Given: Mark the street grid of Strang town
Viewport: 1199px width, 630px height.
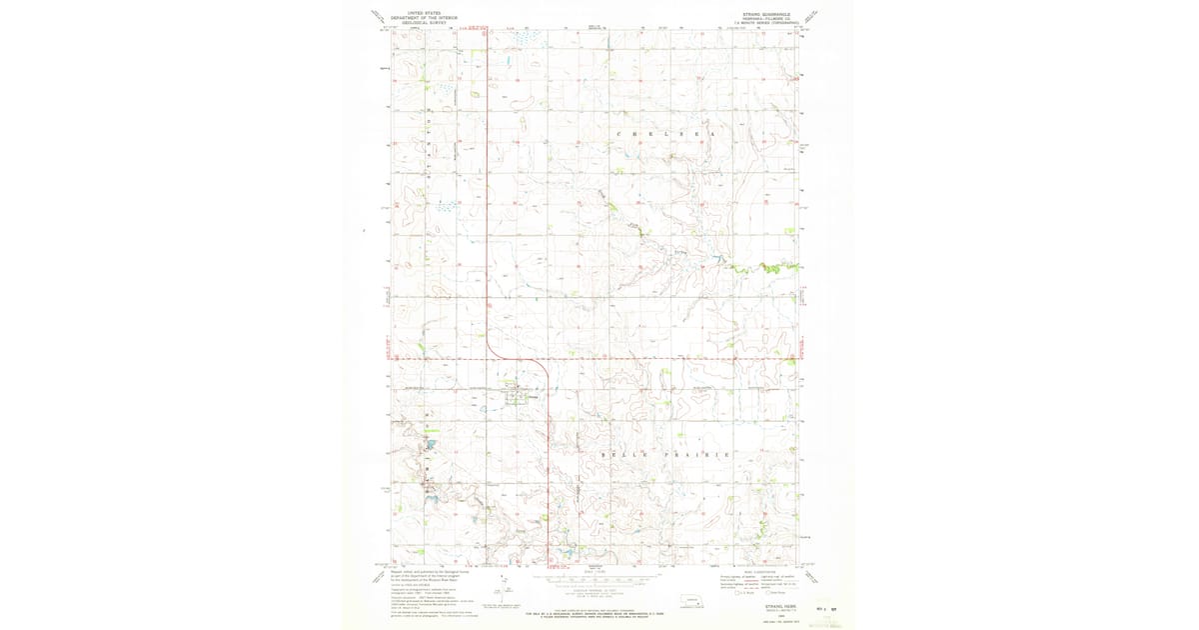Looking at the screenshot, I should (516, 395).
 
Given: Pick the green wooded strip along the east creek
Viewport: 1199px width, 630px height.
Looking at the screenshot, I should (764, 267).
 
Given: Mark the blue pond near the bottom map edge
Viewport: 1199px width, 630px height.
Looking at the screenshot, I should (560, 551).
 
